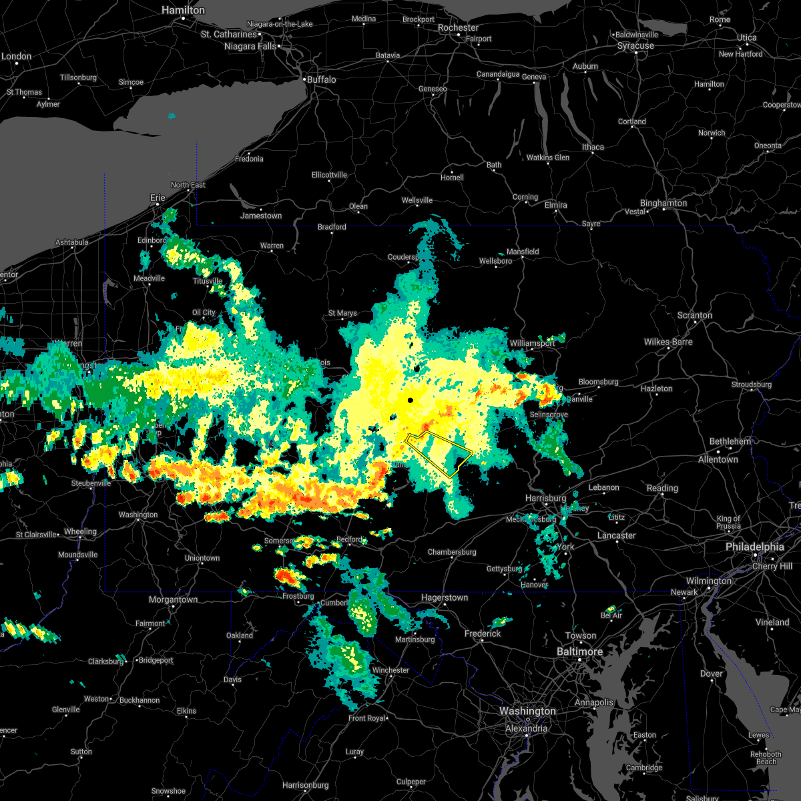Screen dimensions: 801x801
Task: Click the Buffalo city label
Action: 321,79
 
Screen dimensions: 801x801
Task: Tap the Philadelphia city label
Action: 755,547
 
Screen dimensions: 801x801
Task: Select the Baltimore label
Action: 580,651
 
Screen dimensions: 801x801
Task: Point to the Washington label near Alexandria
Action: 527,712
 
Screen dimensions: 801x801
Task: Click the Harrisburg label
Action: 545,498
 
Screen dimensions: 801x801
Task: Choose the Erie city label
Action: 158,198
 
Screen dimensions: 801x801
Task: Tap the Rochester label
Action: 458,28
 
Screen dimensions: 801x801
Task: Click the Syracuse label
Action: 635,46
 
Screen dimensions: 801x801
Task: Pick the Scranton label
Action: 695,315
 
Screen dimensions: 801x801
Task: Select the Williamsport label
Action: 531,343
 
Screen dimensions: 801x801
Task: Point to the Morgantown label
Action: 173,599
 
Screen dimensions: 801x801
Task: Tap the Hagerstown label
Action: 444,598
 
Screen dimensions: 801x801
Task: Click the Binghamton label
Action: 663,203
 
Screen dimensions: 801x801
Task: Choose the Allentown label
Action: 718,459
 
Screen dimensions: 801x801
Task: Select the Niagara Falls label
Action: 250,46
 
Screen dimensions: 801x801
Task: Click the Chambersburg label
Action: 452,552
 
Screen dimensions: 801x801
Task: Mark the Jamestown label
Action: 261,216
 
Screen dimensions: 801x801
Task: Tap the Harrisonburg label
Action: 305,785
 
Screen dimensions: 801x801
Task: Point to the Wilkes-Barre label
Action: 668,342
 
